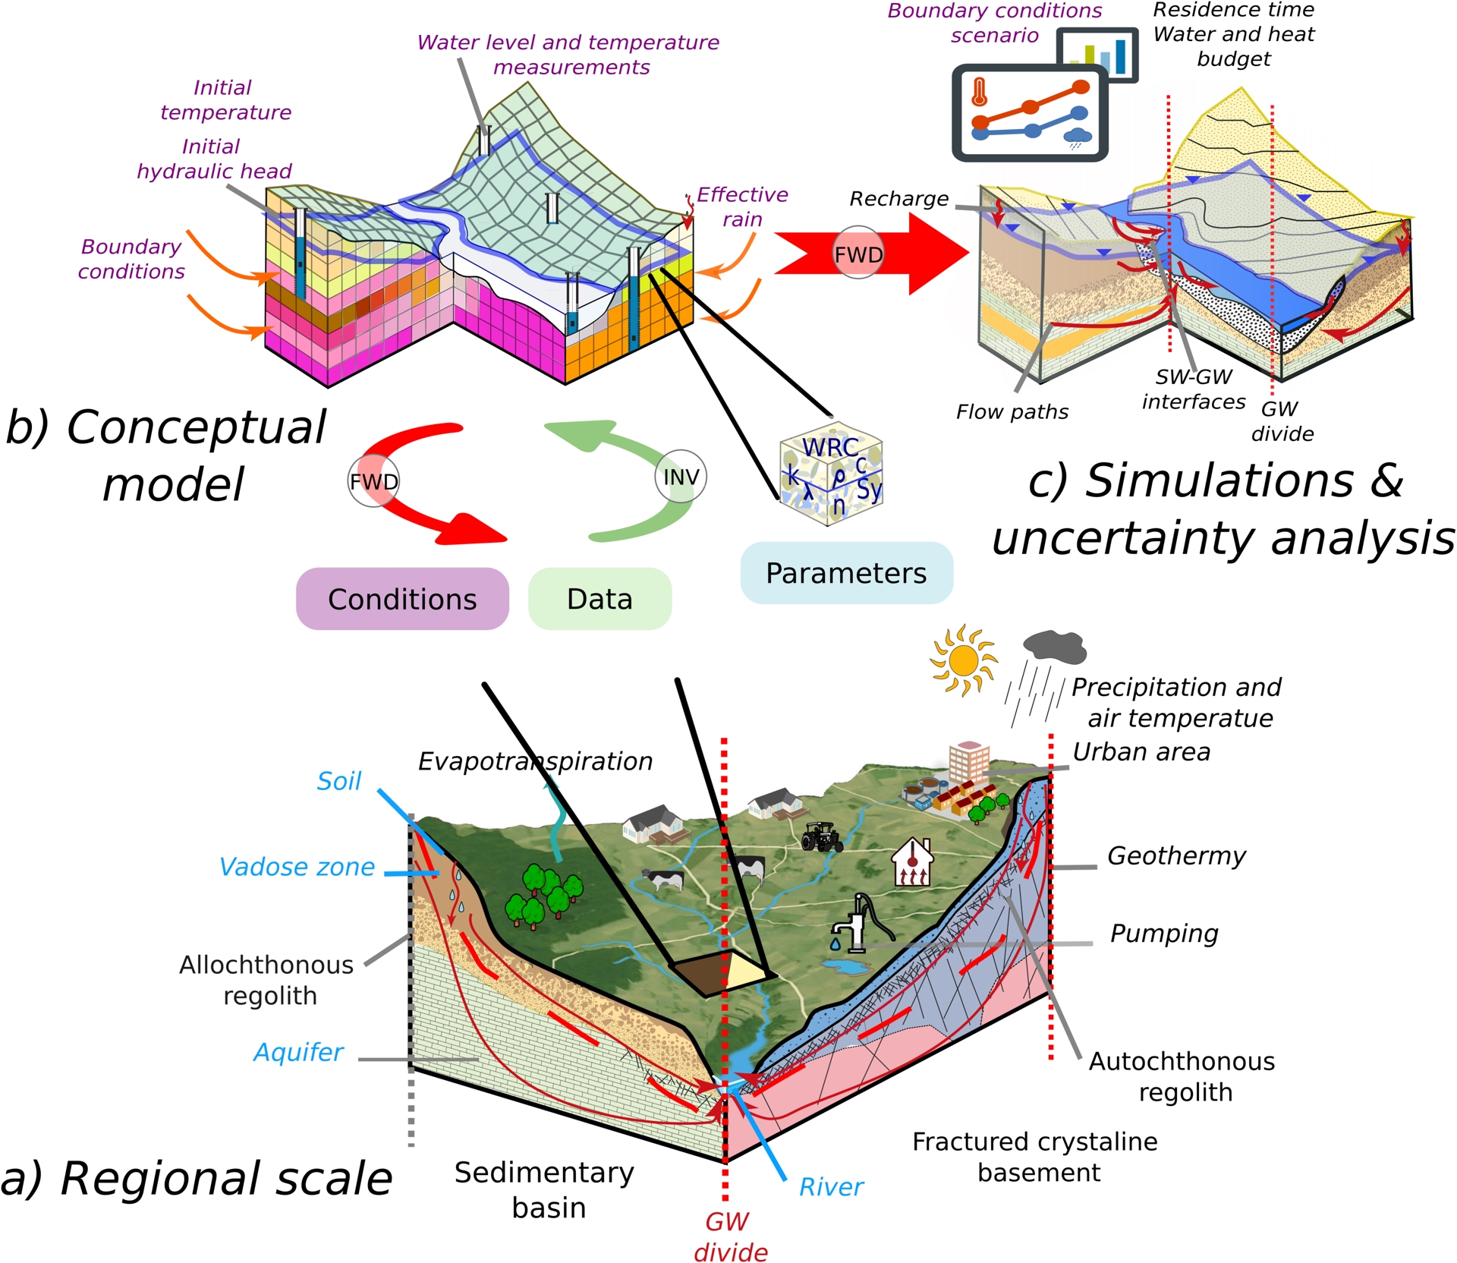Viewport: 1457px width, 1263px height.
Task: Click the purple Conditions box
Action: tap(402, 599)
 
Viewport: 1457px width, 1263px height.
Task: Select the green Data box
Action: tap(599, 599)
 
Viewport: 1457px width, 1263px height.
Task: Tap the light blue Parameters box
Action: tap(846, 573)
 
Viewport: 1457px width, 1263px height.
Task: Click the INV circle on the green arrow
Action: tap(681, 477)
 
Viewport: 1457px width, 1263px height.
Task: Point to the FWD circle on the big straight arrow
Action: tap(858, 254)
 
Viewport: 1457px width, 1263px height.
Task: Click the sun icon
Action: tap(964, 660)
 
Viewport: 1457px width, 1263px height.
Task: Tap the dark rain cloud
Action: tap(1055, 646)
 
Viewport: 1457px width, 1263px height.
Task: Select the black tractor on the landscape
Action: tap(821, 836)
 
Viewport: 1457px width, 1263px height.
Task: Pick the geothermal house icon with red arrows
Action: tap(912, 862)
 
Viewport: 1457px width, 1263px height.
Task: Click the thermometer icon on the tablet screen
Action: tap(979, 92)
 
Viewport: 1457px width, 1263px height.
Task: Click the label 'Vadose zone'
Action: tap(297, 867)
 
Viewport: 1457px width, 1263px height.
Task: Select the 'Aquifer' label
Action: tap(298, 1052)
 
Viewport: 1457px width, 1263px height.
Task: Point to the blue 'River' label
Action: tap(831, 1187)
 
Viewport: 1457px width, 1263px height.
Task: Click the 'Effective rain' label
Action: tap(742, 206)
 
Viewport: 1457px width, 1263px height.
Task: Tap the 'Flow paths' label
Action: tap(1012, 412)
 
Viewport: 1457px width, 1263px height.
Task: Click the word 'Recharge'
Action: tap(898, 199)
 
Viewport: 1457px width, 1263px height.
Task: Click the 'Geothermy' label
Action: tap(1176, 856)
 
